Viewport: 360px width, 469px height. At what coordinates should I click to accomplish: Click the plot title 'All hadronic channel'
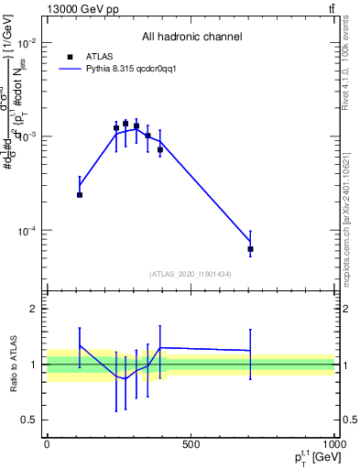(191, 37)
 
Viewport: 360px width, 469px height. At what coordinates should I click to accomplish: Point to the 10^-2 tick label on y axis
(26, 43)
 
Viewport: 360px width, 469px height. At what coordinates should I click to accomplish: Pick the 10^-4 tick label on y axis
(26, 230)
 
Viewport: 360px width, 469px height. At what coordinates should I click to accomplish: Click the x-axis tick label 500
(191, 444)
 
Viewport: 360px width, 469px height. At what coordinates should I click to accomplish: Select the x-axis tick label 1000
(333, 444)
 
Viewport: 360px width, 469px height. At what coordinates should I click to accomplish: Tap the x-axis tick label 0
(47, 444)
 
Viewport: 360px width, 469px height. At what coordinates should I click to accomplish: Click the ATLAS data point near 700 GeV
(250, 249)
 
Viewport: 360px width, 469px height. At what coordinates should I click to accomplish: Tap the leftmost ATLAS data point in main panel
(80, 194)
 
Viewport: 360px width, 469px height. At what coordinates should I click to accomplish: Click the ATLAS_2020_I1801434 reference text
(191, 273)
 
